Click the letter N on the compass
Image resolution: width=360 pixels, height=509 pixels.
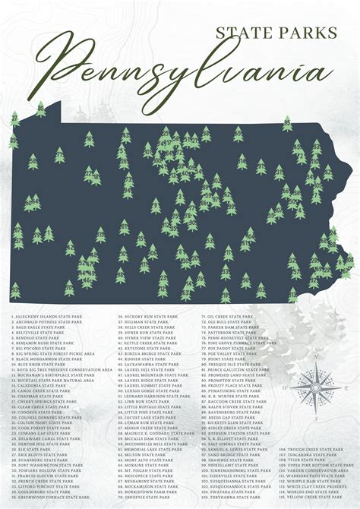coord(314,357)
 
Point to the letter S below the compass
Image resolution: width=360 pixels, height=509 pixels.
coord(314,417)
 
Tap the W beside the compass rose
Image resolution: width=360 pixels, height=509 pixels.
coord(283,387)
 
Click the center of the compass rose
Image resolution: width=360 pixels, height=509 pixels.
coord(314,387)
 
